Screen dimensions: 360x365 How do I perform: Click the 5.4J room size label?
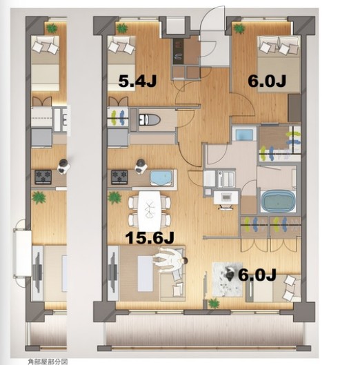click(x=137, y=81)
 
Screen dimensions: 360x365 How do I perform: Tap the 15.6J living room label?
click(x=150, y=238)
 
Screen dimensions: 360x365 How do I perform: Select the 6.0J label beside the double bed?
click(x=267, y=81)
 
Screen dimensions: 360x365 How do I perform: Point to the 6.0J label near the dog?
click(x=257, y=275)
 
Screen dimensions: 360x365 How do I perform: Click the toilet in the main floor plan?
click(x=150, y=120)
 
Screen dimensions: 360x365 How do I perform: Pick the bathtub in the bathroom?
click(x=278, y=201)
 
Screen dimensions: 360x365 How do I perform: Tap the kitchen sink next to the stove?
click(x=161, y=178)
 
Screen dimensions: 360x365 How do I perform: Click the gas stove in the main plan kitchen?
click(x=119, y=177)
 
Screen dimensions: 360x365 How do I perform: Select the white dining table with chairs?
click(x=150, y=211)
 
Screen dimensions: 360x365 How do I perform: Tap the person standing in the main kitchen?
click(x=141, y=166)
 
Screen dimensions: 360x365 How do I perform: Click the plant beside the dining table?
click(x=114, y=198)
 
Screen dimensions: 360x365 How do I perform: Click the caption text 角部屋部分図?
click(x=48, y=362)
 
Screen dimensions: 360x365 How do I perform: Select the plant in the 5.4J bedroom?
click(x=121, y=28)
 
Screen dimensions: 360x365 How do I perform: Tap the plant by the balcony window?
click(x=213, y=304)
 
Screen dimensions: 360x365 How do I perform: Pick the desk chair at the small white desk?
click(x=226, y=208)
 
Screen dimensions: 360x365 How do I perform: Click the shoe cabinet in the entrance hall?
click(x=186, y=52)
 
